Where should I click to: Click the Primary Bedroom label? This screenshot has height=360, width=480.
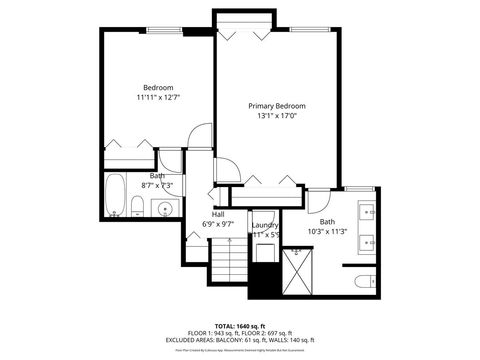[x=277, y=105]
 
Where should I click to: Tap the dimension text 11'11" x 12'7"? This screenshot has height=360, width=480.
[x=159, y=98]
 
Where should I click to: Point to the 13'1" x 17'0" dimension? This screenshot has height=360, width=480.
[x=277, y=116]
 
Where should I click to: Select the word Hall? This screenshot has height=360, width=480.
[x=217, y=213]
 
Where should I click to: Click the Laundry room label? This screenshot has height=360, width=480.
[x=265, y=225]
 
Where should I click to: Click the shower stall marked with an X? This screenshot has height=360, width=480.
[x=298, y=268]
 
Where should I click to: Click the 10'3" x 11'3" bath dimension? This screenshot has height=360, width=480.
[x=327, y=231]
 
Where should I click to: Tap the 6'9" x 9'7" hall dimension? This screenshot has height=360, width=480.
[x=217, y=224]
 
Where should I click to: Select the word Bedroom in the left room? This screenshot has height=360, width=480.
[x=158, y=88]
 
